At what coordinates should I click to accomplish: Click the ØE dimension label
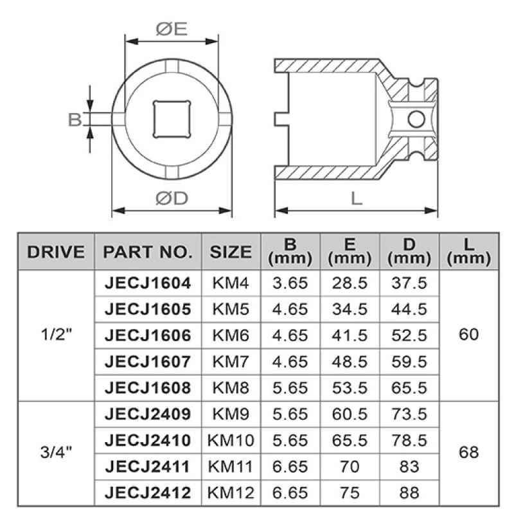(x=172, y=29)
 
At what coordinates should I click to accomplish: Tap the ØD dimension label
(x=172, y=198)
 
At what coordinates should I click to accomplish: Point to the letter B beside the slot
(x=75, y=120)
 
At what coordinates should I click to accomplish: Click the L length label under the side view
(x=357, y=199)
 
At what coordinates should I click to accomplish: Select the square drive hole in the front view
(x=172, y=120)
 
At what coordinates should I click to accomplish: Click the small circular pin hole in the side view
(x=416, y=119)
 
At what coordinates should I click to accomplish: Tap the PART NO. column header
(x=148, y=252)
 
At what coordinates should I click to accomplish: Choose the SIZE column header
(x=231, y=252)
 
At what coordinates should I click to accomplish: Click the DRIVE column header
(x=56, y=252)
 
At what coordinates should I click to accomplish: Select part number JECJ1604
(x=148, y=283)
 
